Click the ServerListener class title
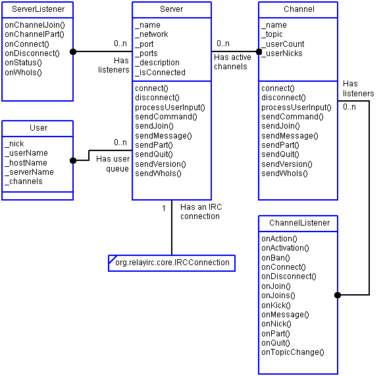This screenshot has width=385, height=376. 38,9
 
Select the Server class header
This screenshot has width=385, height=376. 171,9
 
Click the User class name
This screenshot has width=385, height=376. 38,127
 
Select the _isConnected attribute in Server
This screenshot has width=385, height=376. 160,73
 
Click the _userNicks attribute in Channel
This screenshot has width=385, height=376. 282,53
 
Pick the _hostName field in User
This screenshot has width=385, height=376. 26,162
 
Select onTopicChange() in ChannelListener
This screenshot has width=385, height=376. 293,352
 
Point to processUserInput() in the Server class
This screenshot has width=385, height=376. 170,107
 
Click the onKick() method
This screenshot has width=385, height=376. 276,305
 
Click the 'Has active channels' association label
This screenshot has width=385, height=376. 232,61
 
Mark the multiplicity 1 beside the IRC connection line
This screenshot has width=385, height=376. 164,208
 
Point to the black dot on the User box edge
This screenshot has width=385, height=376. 74,160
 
